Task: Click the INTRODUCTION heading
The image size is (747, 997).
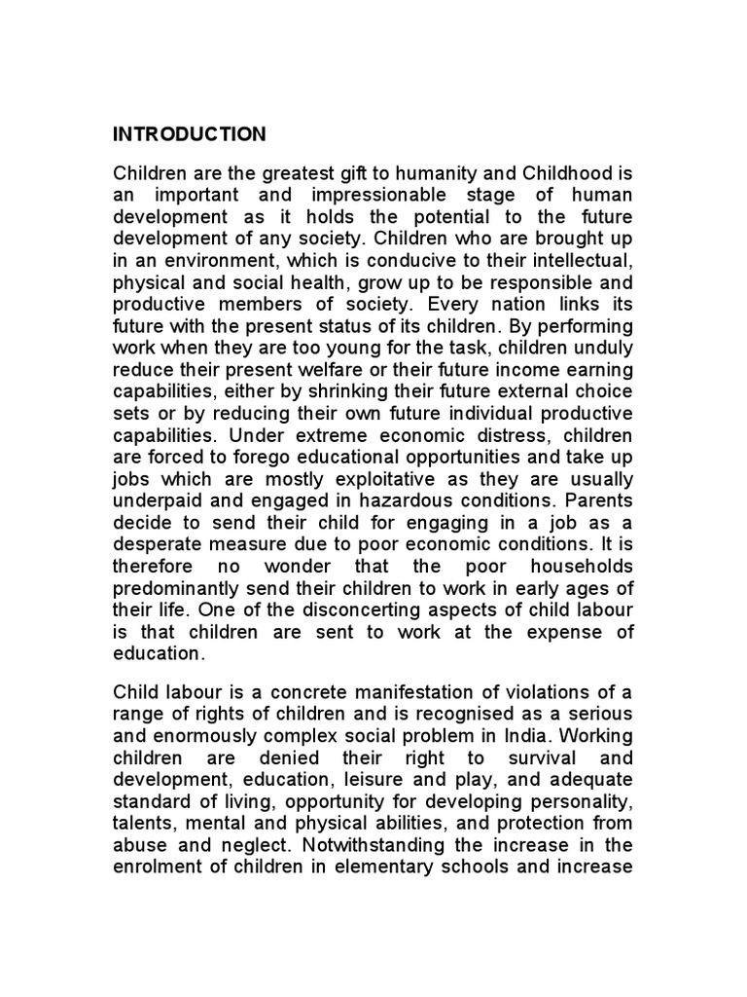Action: click(x=190, y=133)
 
